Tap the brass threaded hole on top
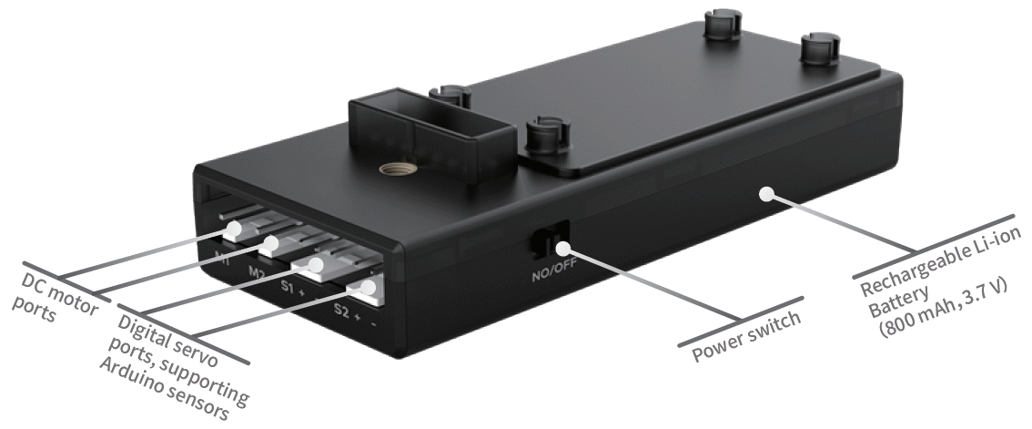390,170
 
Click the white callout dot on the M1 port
232,230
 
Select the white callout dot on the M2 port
269,246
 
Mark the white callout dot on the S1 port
316,265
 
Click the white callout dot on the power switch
563,248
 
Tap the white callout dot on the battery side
765,194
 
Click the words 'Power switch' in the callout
747,336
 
